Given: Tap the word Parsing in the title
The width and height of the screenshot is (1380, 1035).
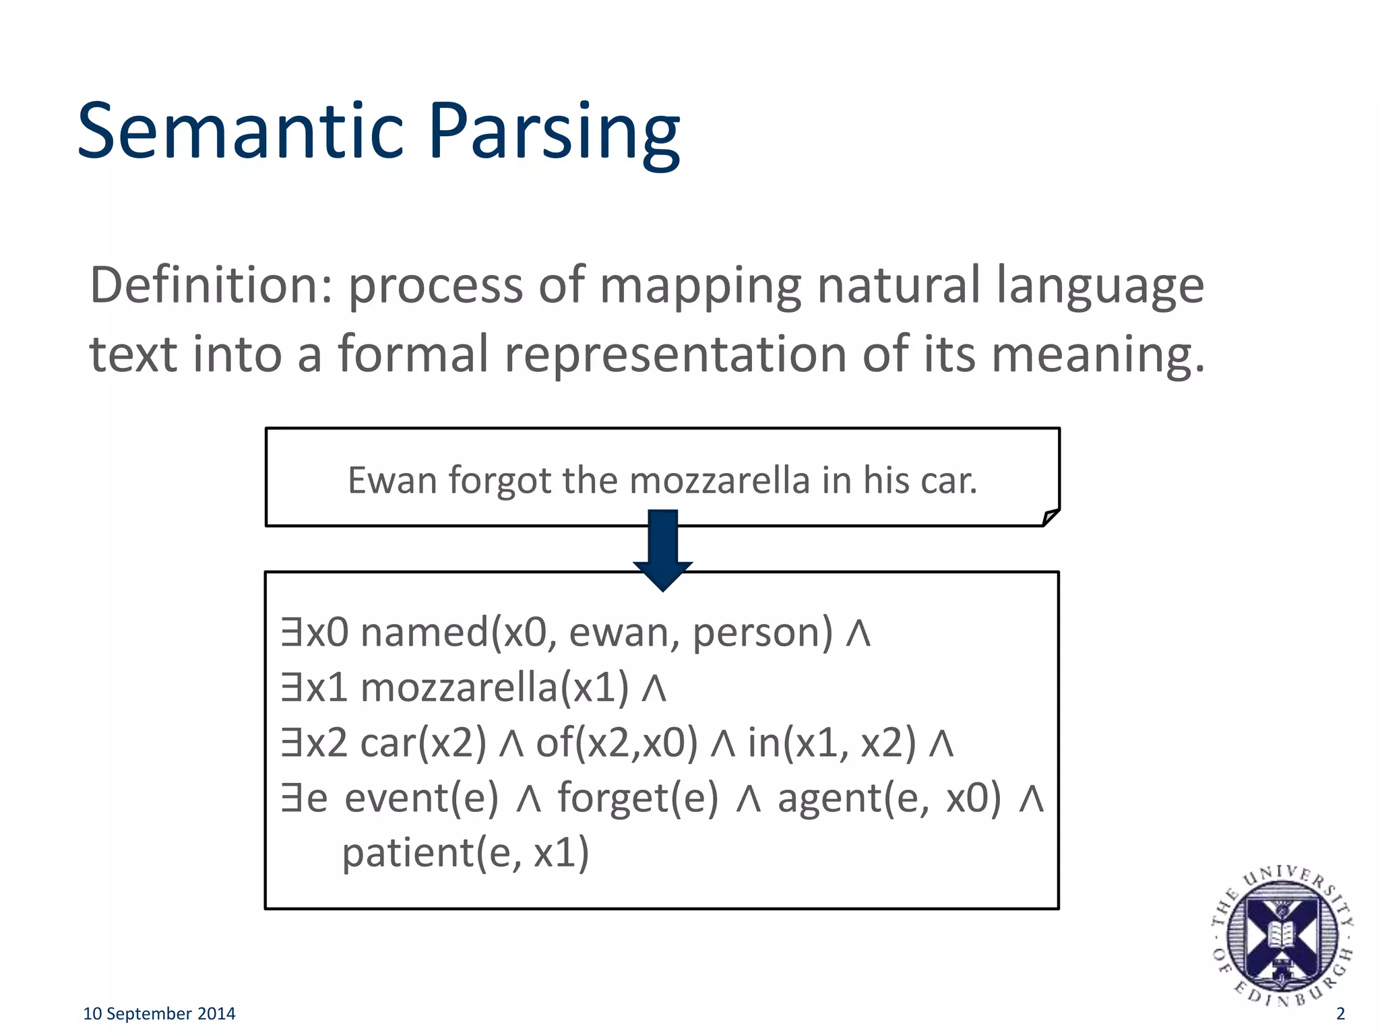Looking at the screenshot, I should point(553,132).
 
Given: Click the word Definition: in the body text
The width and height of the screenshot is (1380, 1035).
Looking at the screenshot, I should point(211,285).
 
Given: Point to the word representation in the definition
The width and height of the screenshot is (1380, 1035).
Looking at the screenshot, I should point(675,355).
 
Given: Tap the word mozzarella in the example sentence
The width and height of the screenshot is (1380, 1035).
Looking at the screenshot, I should point(719,480).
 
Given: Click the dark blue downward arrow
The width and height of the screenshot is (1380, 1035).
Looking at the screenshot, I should point(663,549).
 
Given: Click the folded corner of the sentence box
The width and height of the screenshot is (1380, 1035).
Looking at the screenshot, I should point(1050,517).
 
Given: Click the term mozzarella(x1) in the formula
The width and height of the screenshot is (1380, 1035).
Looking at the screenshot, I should point(495,689).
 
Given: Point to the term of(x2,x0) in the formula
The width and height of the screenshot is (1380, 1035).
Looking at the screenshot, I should point(616,744).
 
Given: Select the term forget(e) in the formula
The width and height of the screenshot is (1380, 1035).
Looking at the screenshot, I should point(637,799).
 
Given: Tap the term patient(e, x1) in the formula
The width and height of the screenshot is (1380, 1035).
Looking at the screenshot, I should point(466,853).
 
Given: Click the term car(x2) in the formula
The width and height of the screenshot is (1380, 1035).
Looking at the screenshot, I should point(423,744).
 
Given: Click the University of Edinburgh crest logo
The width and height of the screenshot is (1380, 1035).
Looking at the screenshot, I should point(1282,937).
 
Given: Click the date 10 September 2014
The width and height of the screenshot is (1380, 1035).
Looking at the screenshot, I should point(159,1013).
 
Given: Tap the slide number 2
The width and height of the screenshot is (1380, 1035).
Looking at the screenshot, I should point(1340,1013).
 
